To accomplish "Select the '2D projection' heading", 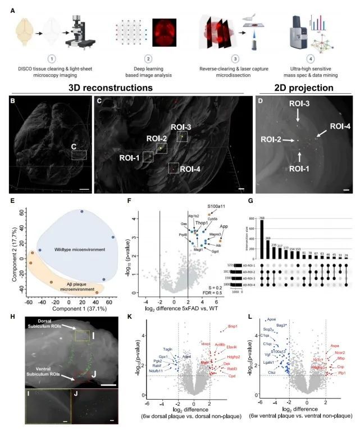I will click(x=304, y=88).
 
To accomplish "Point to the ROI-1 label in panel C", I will click(x=129, y=157).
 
